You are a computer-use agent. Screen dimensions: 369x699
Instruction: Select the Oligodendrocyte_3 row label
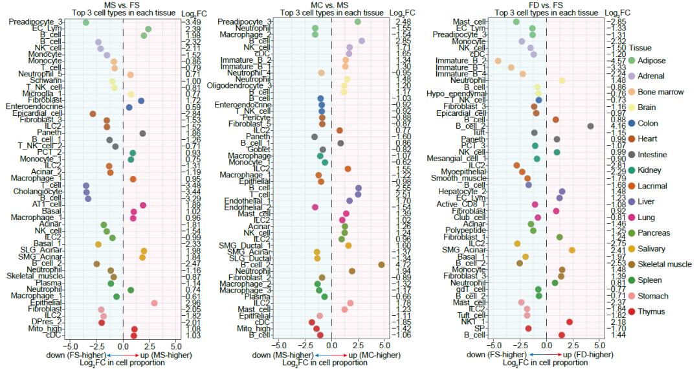(x=241, y=85)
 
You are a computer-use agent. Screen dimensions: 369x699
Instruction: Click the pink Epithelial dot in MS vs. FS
(x=154, y=303)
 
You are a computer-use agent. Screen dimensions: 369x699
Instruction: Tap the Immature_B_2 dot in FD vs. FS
(x=498, y=61)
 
